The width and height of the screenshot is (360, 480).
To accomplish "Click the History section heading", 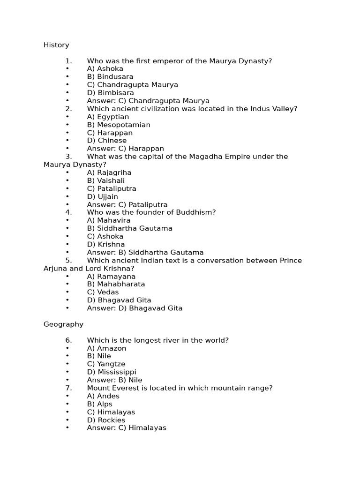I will tap(56, 45).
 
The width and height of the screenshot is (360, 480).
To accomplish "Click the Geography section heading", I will tap(63, 324).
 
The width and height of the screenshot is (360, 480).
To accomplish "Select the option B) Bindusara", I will tap(110, 76).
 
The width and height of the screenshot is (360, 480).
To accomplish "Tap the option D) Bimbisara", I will tap(110, 93).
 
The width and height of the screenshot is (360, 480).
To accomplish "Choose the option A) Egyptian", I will tap(108, 117).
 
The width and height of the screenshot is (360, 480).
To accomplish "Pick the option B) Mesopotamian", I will tap(119, 125).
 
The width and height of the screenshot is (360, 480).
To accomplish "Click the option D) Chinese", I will tap(107, 141).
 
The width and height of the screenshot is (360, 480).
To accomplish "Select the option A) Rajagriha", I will tap(109, 172).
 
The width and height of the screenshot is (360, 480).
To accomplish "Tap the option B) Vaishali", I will tap(106, 180).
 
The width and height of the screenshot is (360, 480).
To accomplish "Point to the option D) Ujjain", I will tap(103, 196).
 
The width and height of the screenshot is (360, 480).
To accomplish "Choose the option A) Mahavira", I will tap(109, 220).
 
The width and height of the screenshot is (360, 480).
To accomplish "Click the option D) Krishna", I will tap(106, 244).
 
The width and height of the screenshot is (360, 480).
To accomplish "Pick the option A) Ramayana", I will tap(111, 277).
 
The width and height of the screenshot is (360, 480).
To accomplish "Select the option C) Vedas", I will tap(103, 292).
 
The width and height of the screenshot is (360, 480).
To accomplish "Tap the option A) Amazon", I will tap(106, 348).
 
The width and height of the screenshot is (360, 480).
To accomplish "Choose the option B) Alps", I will tap(100, 404).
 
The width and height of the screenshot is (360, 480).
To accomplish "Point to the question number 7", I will tap(69, 388).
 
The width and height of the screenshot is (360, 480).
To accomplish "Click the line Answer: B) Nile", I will tap(115, 380).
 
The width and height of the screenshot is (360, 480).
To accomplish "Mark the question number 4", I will tap(69, 212).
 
